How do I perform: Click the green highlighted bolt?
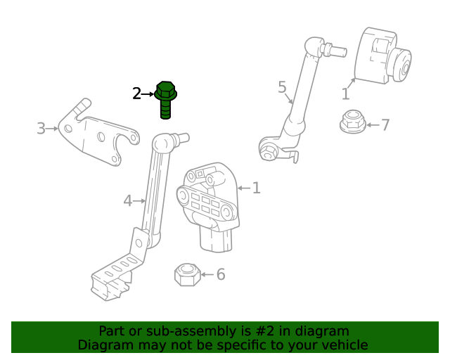(165, 99)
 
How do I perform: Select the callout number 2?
(137, 93)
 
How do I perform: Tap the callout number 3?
(41, 129)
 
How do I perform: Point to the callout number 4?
(127, 201)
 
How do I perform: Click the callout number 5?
(282, 87)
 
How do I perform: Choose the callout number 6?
(221, 274)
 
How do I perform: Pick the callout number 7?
(385, 125)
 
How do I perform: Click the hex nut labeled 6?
(186, 274)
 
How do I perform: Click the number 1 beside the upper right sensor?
(345, 94)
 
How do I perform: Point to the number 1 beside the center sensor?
(257, 188)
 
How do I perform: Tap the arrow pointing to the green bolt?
(148, 93)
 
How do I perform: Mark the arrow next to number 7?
(371, 125)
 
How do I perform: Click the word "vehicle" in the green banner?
(341, 345)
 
